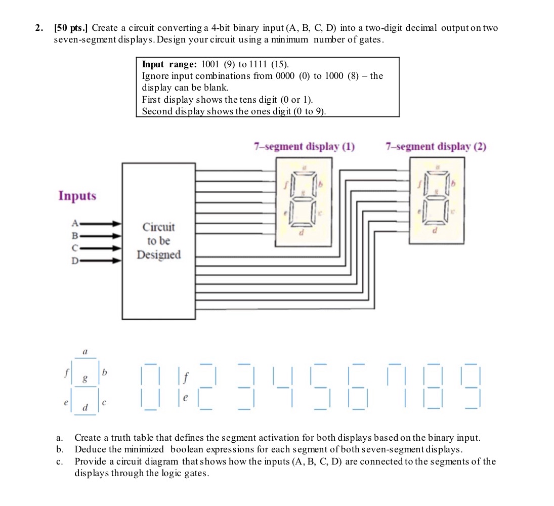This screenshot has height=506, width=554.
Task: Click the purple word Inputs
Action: click(77, 196)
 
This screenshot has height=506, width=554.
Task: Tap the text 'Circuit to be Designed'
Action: click(158, 241)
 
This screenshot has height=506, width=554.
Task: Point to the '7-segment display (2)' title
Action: click(436, 147)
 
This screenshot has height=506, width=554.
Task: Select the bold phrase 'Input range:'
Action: click(169, 64)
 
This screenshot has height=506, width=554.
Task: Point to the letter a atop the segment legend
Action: click(84, 350)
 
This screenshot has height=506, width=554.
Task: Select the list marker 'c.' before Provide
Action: click(60, 461)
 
